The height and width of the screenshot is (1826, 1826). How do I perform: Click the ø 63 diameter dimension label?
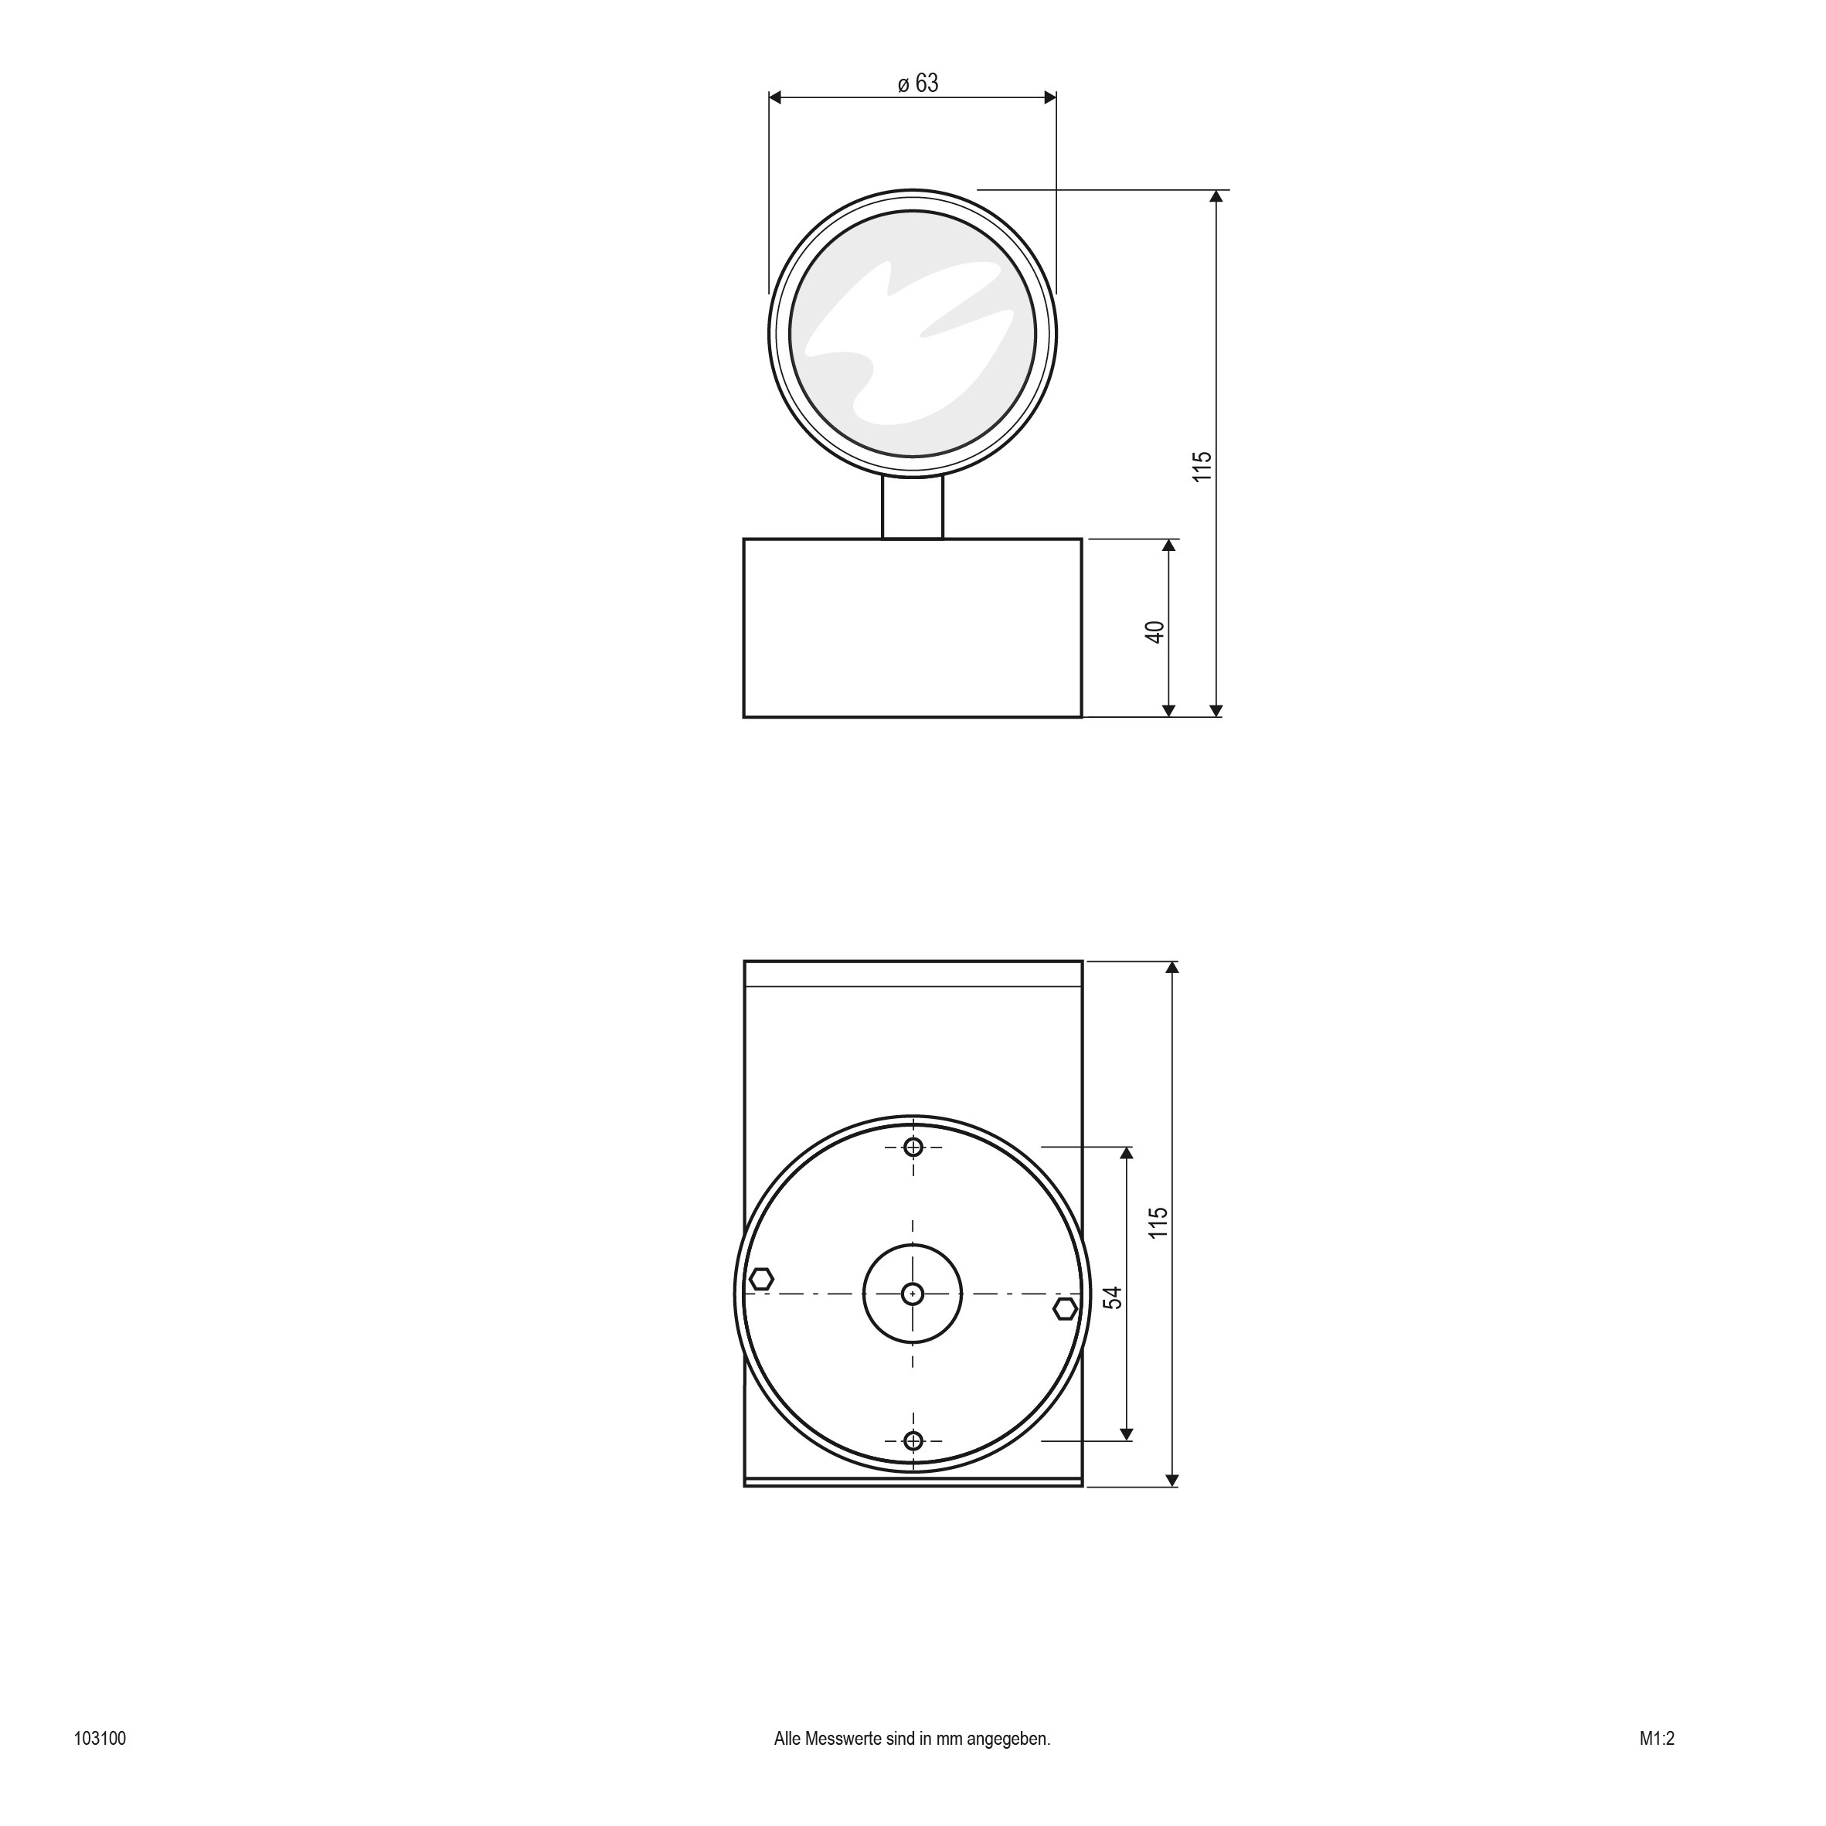pyautogui.click(x=918, y=84)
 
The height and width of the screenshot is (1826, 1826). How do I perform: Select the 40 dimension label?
pyautogui.click(x=1155, y=632)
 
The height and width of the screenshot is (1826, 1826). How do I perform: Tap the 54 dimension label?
pyautogui.click(x=1114, y=1297)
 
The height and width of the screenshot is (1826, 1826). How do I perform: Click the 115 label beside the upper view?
pyautogui.click(x=1202, y=467)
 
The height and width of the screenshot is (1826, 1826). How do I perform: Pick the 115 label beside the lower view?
pyautogui.click(x=1159, y=1222)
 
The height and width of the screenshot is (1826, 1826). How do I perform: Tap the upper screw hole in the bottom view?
pyautogui.click(x=913, y=1148)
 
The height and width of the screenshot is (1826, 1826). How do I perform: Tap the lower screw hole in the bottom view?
pyautogui.click(x=913, y=1440)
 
